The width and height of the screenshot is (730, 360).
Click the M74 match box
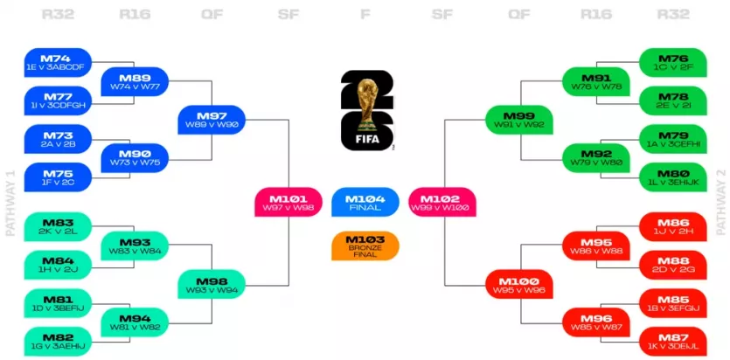point(59,62)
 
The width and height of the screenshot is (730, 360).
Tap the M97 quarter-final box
point(212,120)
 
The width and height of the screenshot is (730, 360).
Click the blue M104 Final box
point(365,201)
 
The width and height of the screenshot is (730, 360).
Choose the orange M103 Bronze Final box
point(365,245)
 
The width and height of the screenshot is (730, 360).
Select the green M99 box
point(518,120)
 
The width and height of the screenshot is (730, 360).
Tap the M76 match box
point(672,62)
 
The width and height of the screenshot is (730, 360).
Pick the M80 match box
point(672,177)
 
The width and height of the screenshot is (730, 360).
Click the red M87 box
point(672,341)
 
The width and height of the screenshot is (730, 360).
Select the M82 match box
point(59,341)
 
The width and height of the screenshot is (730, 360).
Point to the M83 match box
point(59,226)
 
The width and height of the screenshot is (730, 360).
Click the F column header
point(365,14)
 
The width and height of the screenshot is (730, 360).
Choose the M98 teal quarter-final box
point(212,283)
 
